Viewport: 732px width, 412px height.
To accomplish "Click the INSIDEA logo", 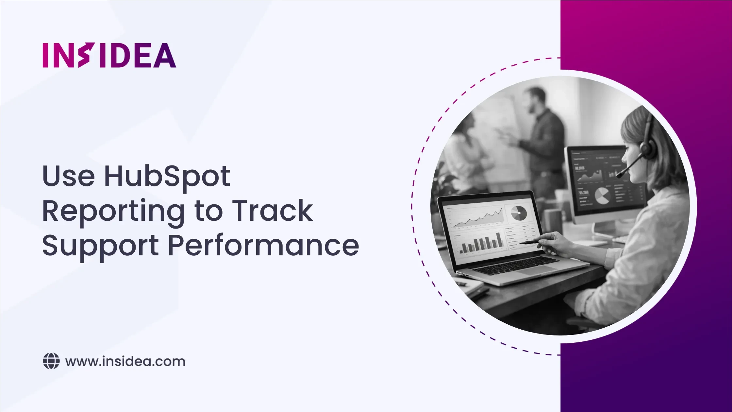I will [x=109, y=55].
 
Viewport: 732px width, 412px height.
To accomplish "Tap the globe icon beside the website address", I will [x=51, y=361].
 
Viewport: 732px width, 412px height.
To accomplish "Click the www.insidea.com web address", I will [x=125, y=361].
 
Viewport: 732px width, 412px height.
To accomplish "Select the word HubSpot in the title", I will [x=167, y=176].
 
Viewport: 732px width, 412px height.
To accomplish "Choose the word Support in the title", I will [x=100, y=247].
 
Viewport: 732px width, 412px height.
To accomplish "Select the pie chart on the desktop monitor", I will [x=602, y=196].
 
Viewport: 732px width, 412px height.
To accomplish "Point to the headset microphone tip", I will [x=618, y=176].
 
